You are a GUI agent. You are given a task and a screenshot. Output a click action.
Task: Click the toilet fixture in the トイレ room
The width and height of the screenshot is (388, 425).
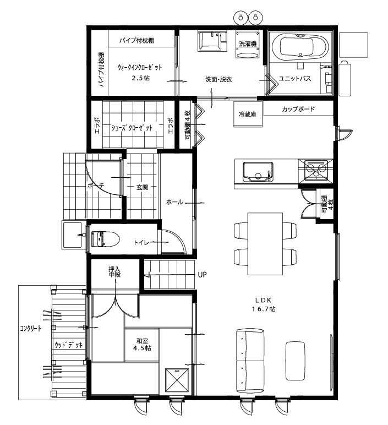[x=106, y=238]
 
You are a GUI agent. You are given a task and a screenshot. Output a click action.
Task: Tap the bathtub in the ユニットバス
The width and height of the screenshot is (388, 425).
[x=300, y=47]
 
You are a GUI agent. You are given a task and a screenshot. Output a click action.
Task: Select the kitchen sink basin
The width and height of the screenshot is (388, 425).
[x=258, y=172]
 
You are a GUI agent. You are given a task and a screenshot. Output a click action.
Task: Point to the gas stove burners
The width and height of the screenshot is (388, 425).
[x=316, y=170]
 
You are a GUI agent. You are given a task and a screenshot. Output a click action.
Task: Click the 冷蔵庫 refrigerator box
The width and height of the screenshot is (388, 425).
[x=248, y=114]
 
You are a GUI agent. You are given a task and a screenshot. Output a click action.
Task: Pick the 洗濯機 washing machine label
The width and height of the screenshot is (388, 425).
[x=248, y=43]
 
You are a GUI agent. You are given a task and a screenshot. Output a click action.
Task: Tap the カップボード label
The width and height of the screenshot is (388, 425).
[x=298, y=109]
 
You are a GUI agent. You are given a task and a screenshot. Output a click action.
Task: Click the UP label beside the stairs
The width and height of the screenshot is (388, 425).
[x=202, y=275]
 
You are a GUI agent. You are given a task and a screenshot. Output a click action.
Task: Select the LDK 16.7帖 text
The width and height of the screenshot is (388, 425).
[x=264, y=304]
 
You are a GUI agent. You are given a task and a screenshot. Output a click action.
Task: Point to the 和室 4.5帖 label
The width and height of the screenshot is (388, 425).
[x=142, y=345]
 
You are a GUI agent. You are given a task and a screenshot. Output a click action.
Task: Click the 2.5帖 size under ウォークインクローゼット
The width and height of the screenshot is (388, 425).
[x=141, y=78]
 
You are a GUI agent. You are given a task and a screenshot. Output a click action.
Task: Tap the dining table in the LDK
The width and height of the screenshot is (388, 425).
[x=265, y=244]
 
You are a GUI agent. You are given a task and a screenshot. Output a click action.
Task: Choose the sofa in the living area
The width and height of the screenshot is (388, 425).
[x=250, y=361]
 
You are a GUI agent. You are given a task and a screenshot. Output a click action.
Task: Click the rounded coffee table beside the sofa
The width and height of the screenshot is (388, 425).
[x=295, y=361]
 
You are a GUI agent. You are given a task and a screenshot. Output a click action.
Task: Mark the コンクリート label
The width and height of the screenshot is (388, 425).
[x=31, y=329]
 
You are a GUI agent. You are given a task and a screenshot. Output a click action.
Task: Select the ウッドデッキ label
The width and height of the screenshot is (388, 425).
[x=68, y=345]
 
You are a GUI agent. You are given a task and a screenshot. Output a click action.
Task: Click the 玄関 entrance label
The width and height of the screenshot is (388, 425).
[x=142, y=187]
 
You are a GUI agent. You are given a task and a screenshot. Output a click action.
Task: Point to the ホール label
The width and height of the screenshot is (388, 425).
[x=174, y=202]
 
